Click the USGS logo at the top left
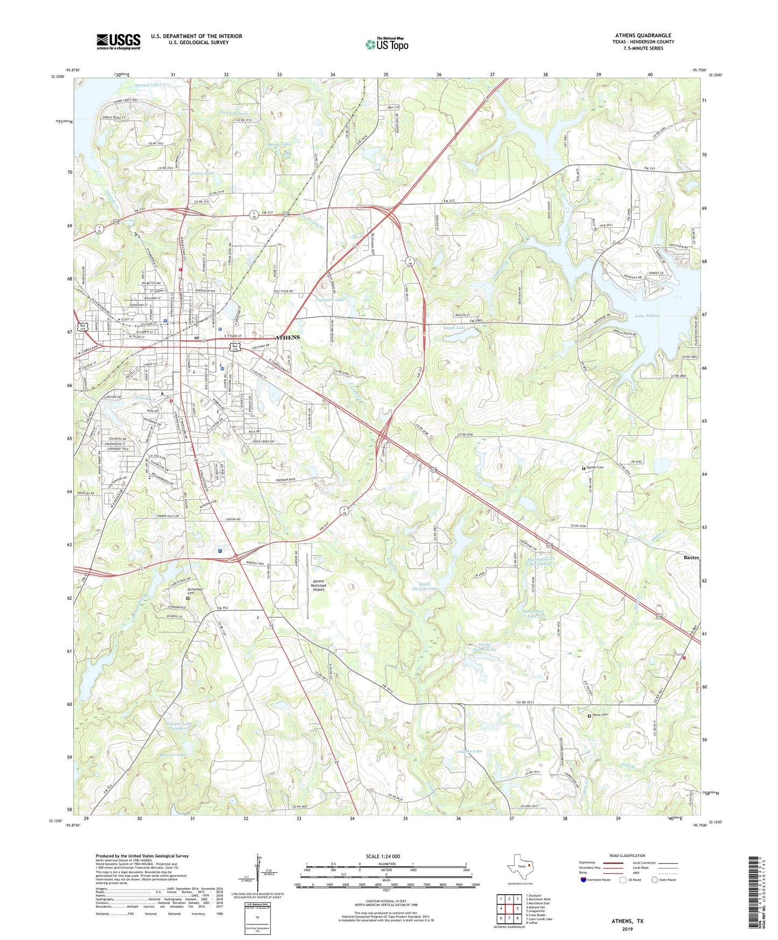(118, 41)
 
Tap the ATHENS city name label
(288, 338)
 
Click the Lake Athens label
(647, 316)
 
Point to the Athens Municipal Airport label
(327, 585)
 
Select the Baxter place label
(691, 558)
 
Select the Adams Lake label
(469, 750)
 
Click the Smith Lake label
(454, 327)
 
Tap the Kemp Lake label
(279, 145)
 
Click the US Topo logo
(387, 44)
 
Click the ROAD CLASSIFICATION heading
(627, 855)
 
